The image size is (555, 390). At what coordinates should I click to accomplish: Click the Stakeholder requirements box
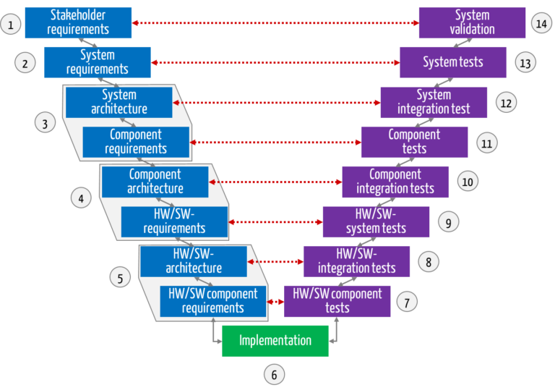point(78,22)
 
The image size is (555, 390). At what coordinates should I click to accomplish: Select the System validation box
point(472,22)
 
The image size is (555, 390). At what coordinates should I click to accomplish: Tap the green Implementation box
point(275,341)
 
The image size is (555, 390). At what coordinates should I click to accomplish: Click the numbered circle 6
point(273,375)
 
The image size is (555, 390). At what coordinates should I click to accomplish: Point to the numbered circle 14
point(541,24)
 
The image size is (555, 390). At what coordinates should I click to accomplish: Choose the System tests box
point(453,62)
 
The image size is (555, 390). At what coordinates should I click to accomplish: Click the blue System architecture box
point(119,102)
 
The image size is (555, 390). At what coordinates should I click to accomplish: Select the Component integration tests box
point(395,182)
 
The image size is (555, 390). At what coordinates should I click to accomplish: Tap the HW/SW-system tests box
point(376,221)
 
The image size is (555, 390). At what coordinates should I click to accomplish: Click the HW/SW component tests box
point(337,301)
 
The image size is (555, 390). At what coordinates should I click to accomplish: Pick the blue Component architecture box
point(155,182)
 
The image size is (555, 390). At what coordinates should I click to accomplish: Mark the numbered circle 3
point(45,123)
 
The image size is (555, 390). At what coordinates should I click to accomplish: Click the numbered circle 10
point(467,182)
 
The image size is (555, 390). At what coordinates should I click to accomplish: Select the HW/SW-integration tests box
point(356,261)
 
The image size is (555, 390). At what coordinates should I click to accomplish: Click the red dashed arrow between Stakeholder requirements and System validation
point(275,23)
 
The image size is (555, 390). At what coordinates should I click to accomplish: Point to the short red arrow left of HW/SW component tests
point(275,301)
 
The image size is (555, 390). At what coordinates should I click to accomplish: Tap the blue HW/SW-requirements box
point(174,221)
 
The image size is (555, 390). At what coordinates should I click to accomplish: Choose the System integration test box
point(434,102)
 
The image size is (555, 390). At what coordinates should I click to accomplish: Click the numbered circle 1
point(10,25)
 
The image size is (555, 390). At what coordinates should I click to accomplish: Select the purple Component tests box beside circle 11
point(414,142)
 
